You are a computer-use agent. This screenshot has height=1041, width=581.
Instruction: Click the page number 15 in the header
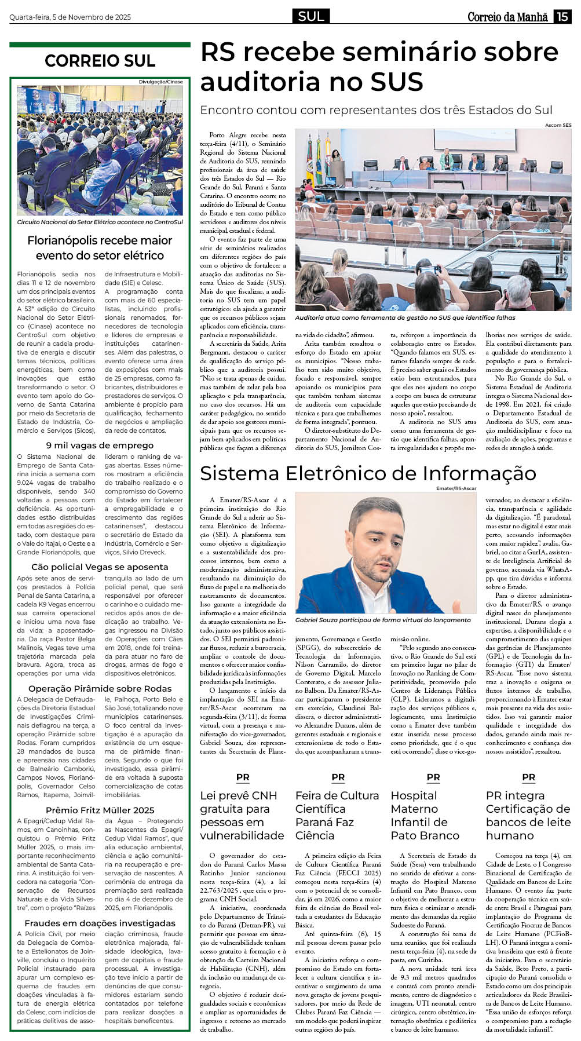point(562,17)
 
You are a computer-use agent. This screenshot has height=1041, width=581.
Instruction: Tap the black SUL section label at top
point(311,16)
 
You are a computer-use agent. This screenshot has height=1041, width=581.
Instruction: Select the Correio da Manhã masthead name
point(507,17)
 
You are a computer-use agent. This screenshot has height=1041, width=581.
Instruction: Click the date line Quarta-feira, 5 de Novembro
point(70,17)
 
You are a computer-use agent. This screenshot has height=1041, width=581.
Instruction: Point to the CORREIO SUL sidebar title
point(100,61)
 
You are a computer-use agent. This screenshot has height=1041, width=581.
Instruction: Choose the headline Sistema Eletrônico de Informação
point(368,473)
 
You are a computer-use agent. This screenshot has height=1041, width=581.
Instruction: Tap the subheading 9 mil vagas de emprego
point(100,445)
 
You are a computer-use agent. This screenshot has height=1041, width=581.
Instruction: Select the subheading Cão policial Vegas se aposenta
point(100,567)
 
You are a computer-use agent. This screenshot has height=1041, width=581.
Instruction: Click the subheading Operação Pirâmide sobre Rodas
point(100,689)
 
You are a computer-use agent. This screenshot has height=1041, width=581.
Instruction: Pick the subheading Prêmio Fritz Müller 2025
point(100,810)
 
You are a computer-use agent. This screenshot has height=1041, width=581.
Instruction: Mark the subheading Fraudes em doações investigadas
point(100,923)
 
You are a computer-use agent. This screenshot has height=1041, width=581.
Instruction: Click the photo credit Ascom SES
point(558,125)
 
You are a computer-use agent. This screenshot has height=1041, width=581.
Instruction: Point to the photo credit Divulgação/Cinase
point(160,82)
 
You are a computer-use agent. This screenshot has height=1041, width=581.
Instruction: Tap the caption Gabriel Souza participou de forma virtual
point(383,620)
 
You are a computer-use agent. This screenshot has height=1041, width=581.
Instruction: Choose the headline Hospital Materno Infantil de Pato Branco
point(425,816)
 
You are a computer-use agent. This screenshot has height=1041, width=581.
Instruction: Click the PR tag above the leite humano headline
point(528,777)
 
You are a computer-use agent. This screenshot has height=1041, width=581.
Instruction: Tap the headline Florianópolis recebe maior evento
point(100,248)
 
